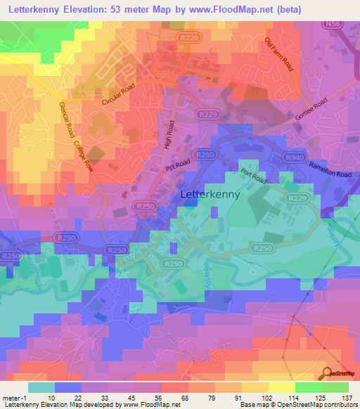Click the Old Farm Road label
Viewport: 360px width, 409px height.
278,54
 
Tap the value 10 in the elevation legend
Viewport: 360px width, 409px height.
51,397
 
